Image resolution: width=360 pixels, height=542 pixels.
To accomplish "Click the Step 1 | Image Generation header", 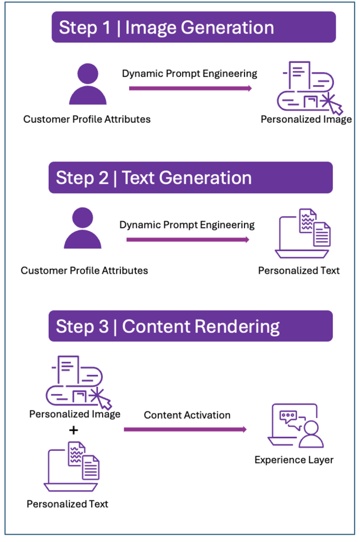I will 193,28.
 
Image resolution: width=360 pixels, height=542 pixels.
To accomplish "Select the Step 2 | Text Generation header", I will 190,177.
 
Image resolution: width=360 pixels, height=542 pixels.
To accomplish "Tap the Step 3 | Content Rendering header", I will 190,326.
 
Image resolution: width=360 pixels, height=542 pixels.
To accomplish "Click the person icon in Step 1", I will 87,84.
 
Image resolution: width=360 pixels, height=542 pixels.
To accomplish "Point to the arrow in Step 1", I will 190,88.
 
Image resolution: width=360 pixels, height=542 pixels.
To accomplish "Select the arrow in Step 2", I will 187,240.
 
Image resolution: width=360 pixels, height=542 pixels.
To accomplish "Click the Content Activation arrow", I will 185,429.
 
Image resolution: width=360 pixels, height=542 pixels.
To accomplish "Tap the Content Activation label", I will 187,415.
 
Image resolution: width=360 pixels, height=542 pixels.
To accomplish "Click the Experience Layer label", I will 294,459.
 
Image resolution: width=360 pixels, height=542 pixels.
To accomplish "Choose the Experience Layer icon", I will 295,426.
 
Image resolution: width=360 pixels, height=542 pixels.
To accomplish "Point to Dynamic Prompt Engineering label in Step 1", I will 190,74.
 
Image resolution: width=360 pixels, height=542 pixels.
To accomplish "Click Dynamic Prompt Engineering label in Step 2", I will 187,225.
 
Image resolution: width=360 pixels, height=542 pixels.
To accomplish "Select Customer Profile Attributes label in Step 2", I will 84,270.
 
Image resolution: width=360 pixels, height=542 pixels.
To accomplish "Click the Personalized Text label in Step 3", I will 67,504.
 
